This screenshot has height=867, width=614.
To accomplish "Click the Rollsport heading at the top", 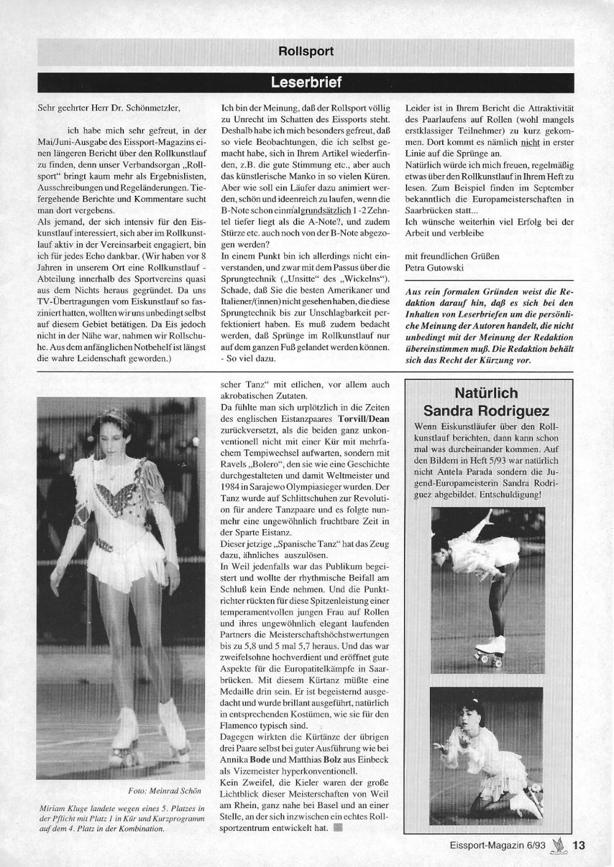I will pos(306,52).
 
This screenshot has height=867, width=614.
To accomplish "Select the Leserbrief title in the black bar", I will pos(306,82).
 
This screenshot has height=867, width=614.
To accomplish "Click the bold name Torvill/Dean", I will pos(363,419).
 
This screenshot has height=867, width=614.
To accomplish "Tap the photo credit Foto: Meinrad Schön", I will pos(165,790).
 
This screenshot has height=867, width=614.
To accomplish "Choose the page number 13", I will pos(578,845).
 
